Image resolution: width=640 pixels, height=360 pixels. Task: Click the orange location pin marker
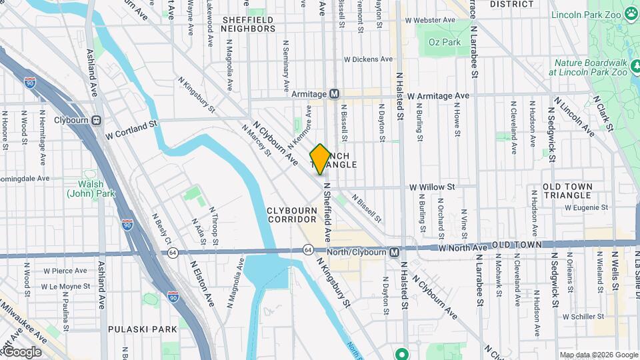pos(320,159)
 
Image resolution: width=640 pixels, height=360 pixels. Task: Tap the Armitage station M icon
pos(335,94)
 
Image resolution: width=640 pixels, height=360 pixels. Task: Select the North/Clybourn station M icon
pos(395,251)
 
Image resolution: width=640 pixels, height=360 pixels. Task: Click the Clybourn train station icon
pos(97,121)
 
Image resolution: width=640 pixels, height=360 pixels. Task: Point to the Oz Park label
pos(445,42)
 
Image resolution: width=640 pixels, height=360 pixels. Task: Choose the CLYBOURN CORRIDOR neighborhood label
pos(292,215)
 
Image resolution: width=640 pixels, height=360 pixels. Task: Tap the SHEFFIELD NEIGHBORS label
pos(248,25)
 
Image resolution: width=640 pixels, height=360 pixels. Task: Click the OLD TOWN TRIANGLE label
pos(567,191)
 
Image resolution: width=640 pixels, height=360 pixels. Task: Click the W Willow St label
pos(432,187)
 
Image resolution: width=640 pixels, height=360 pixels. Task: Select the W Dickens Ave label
pos(369,59)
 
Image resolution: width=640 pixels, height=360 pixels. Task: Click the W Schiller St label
pos(587,316)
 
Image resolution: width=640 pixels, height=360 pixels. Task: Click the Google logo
pos(21,352)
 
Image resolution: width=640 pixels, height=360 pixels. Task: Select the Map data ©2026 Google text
pos(598,355)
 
